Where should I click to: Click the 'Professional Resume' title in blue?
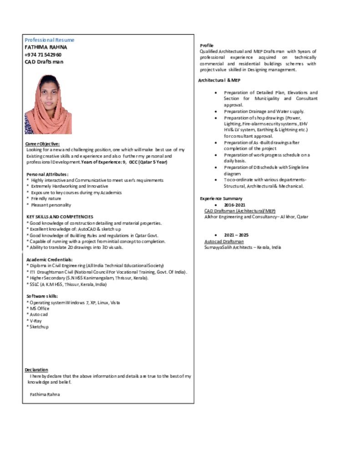click(x=49, y=40)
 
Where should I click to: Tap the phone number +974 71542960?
click(x=43, y=55)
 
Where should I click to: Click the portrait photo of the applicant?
click(x=48, y=104)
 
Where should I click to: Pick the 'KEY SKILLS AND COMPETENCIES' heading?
click(x=60, y=217)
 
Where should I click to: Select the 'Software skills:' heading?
click(x=42, y=296)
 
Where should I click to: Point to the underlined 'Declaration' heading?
click(x=36, y=370)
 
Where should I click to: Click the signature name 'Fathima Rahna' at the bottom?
click(x=45, y=395)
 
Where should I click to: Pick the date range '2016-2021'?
click(x=234, y=205)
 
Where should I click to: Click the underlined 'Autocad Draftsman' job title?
click(x=224, y=241)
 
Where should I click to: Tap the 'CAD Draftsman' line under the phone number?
click(x=44, y=62)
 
